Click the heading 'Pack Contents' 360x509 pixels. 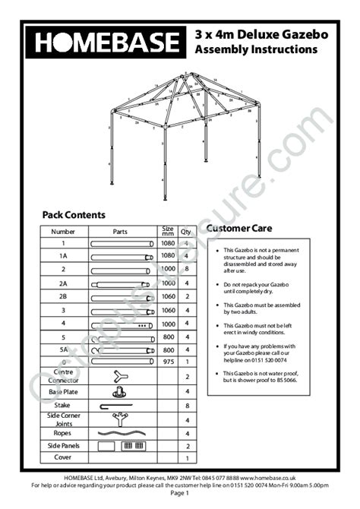(x=74, y=215)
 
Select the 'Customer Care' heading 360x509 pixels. (x=239, y=228)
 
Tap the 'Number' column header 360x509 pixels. (x=63, y=231)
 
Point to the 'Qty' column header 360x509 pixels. (x=186, y=231)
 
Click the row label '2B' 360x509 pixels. (x=63, y=296)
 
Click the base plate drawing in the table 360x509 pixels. (x=119, y=392)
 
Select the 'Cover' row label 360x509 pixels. (x=63, y=458)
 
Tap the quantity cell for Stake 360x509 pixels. (x=187, y=406)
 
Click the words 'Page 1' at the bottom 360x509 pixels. (x=180, y=492)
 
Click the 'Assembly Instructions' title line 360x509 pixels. (x=256, y=49)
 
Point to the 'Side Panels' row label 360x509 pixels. (x=63, y=445)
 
